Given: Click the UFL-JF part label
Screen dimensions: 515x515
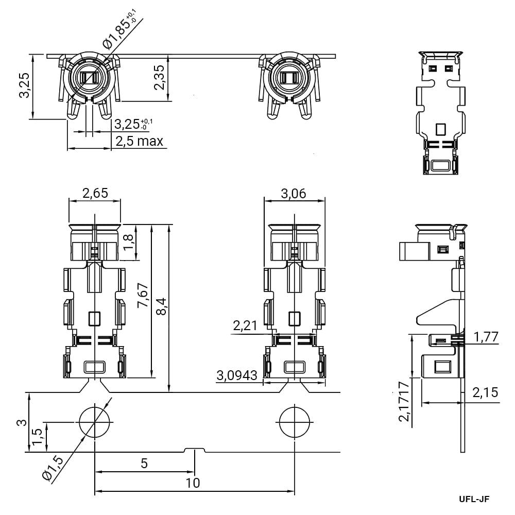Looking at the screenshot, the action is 474,499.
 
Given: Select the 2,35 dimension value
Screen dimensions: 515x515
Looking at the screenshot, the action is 159,77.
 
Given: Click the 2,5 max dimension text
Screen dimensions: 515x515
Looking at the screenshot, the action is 139,141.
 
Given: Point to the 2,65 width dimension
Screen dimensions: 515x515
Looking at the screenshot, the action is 95,193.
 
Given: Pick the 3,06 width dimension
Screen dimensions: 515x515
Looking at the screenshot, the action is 294,194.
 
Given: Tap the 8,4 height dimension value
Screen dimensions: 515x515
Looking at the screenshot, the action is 162,306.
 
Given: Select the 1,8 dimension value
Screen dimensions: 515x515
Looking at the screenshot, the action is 128,242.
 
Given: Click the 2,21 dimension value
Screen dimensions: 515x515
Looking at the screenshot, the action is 245,325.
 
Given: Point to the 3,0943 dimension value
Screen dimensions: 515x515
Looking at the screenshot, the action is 237,375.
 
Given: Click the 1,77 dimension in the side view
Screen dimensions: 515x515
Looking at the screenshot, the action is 486,337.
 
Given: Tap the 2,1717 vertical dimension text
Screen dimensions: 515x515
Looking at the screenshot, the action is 404,401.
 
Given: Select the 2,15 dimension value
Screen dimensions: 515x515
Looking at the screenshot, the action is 485,392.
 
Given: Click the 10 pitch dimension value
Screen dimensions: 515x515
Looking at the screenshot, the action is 193,483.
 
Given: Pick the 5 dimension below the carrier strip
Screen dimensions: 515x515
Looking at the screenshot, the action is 144,463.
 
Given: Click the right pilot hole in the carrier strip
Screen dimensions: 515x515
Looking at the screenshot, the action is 295,422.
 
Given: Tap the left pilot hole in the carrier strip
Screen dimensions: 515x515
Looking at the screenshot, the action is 95,422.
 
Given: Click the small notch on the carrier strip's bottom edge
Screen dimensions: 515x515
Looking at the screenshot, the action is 195,450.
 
